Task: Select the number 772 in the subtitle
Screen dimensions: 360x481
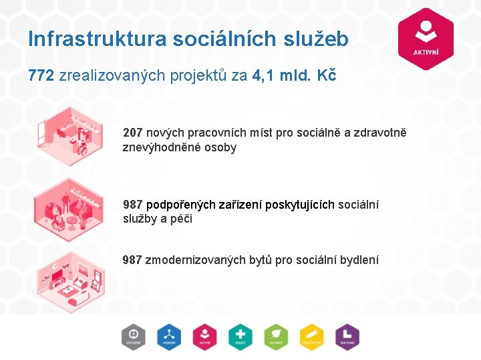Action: click(x=41, y=76)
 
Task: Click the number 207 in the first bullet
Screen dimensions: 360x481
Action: click(x=132, y=133)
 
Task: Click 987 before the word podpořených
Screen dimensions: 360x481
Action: click(x=132, y=205)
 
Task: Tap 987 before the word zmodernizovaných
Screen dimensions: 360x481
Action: click(x=132, y=259)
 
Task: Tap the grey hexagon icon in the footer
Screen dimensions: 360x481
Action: click(x=134, y=337)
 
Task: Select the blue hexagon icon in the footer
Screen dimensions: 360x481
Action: click(x=170, y=337)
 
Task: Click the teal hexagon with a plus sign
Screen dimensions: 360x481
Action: click(x=240, y=337)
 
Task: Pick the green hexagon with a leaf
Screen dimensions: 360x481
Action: click(x=275, y=337)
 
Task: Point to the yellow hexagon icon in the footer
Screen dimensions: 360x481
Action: click(x=311, y=337)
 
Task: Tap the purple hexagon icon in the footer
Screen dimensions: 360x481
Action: click(x=346, y=337)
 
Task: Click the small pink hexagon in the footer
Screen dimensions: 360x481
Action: click(x=204, y=337)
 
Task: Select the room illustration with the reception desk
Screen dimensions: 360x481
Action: click(x=69, y=137)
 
